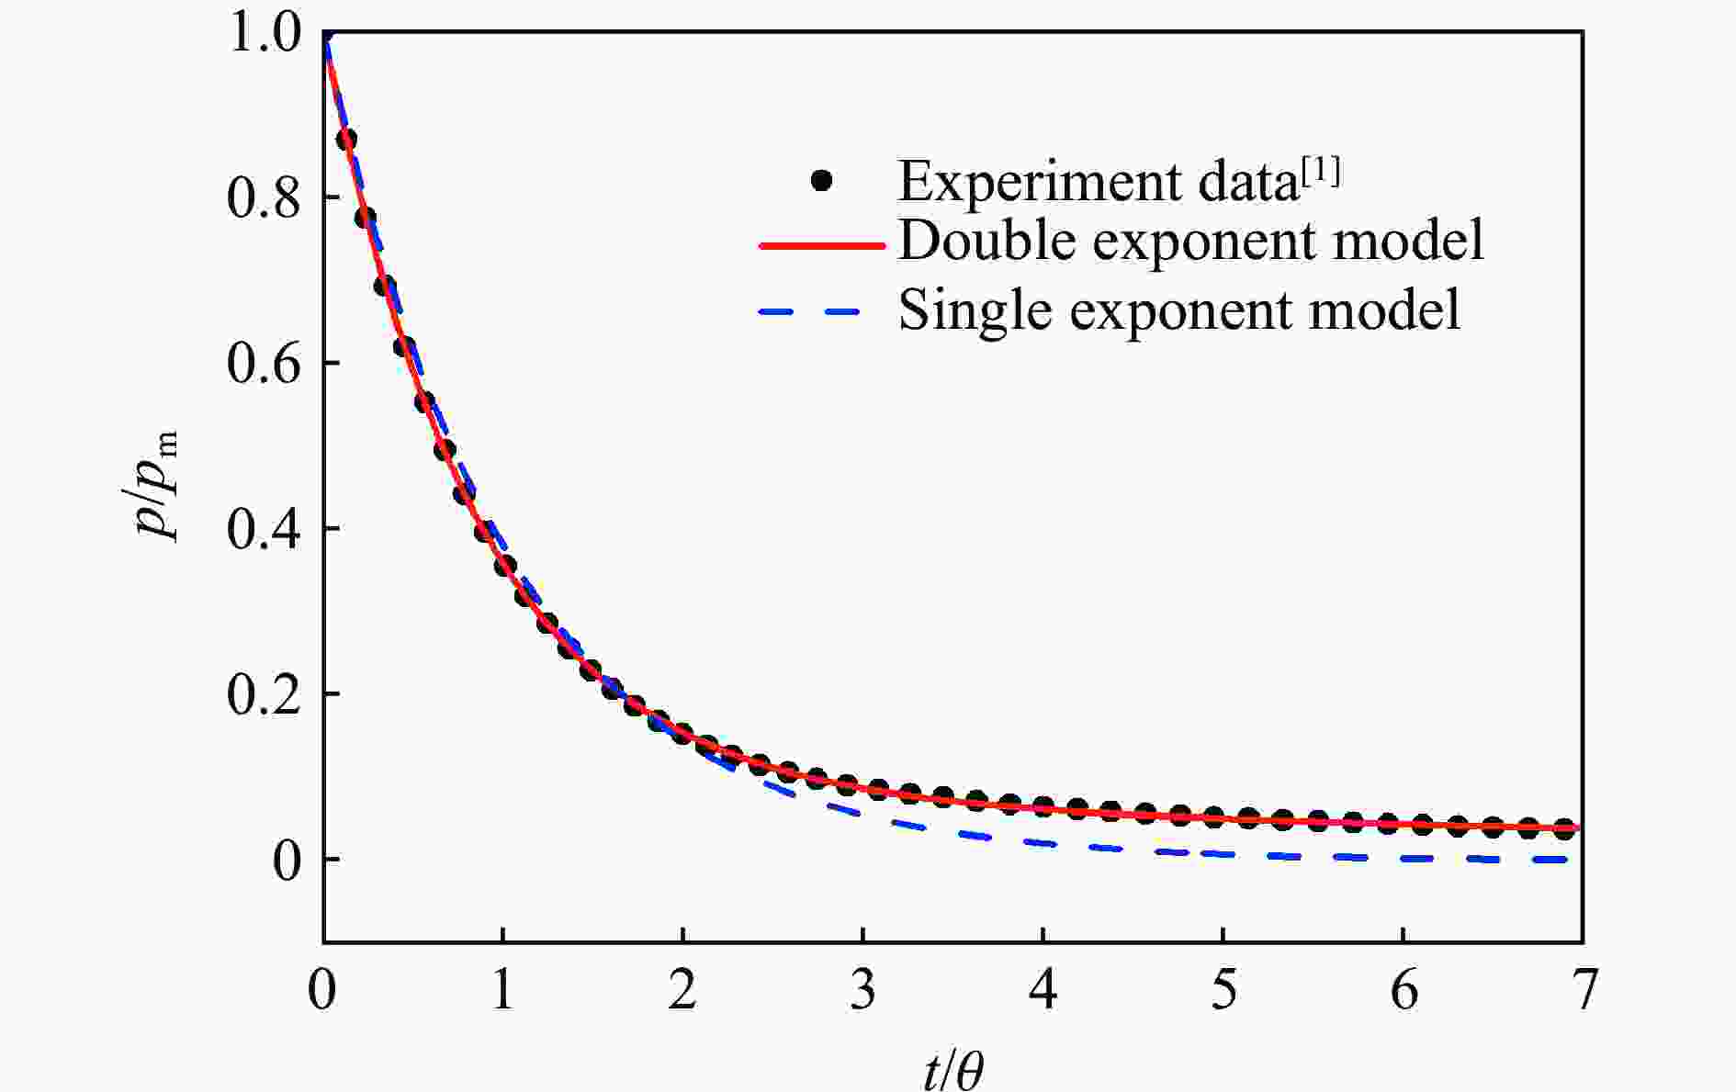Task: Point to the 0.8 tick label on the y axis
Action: (x=263, y=198)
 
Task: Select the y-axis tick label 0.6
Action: (x=263, y=364)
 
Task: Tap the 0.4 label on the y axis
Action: (x=263, y=529)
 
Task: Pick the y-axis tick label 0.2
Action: (x=263, y=694)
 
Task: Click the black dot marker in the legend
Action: (x=821, y=181)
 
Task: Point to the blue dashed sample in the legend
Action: (x=809, y=311)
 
